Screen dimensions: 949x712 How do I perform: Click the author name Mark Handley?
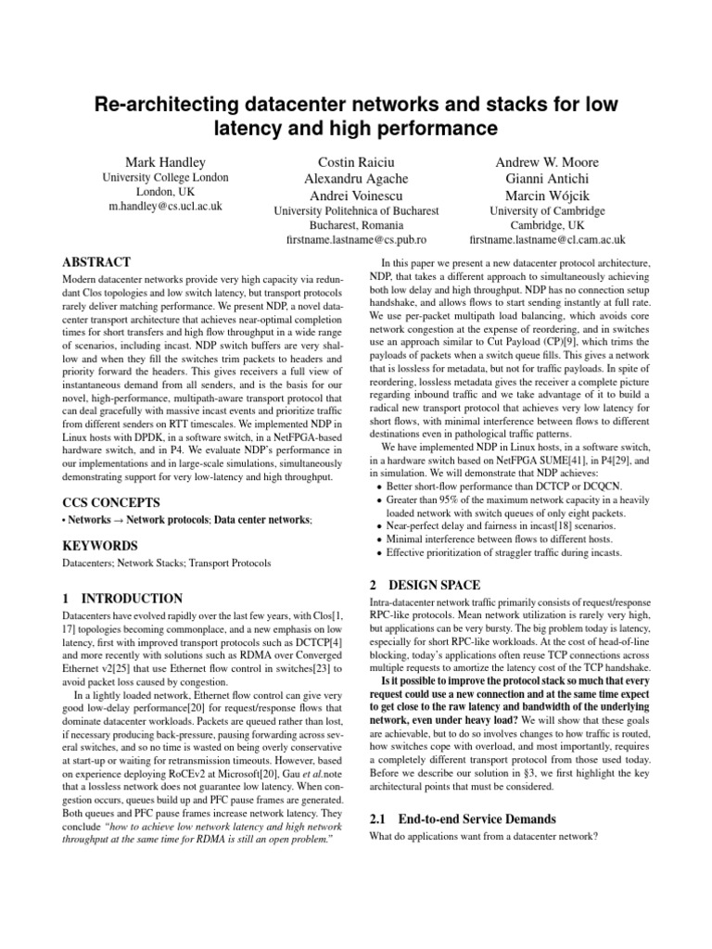[x=165, y=161]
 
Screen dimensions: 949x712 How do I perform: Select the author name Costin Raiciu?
[x=356, y=161]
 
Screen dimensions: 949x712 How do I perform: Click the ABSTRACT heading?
[x=95, y=262]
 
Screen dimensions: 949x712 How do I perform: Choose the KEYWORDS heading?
[x=99, y=546]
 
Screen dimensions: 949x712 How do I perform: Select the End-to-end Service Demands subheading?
[x=477, y=819]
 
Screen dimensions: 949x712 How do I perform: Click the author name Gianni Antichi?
[x=547, y=178]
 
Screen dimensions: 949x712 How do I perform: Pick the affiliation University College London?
[x=165, y=178]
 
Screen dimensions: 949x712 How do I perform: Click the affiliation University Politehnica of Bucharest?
[x=356, y=210]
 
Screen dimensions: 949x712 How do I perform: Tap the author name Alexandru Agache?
[x=356, y=178]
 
